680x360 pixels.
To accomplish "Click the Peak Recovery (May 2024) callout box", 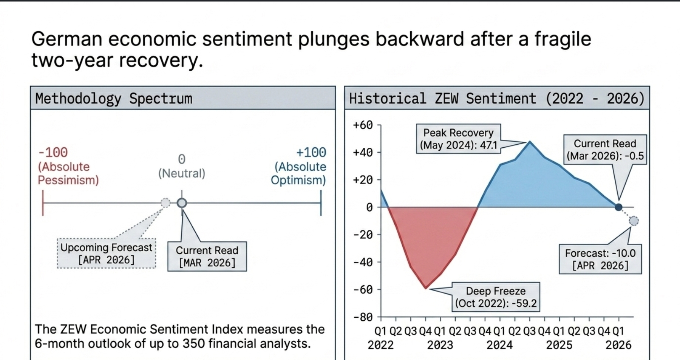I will point(458,139).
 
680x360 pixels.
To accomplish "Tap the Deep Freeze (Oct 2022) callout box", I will point(496,297).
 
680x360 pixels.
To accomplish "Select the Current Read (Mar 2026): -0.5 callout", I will point(605,150).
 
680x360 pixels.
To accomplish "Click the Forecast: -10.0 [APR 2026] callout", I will point(600,259).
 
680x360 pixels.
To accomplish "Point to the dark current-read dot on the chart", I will point(618,207).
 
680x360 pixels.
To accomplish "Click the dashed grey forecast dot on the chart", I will point(634,221).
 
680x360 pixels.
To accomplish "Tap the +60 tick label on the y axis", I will point(363,125).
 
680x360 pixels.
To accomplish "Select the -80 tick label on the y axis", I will point(363,317).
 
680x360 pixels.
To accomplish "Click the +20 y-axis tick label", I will point(363,180).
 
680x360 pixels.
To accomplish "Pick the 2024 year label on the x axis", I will point(499,345).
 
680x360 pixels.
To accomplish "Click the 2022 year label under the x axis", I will point(380,345).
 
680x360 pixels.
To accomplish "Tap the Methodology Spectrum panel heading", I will point(114,99).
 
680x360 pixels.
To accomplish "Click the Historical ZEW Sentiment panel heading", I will point(496,99).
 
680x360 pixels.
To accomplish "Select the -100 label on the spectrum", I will point(53,153).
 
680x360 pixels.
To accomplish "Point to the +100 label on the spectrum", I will point(311,153).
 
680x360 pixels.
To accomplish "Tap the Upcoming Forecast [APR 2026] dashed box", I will point(106,253).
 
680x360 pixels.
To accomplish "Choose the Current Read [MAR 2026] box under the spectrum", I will point(207,256).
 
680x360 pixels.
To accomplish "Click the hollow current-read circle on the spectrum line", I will point(182,203).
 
